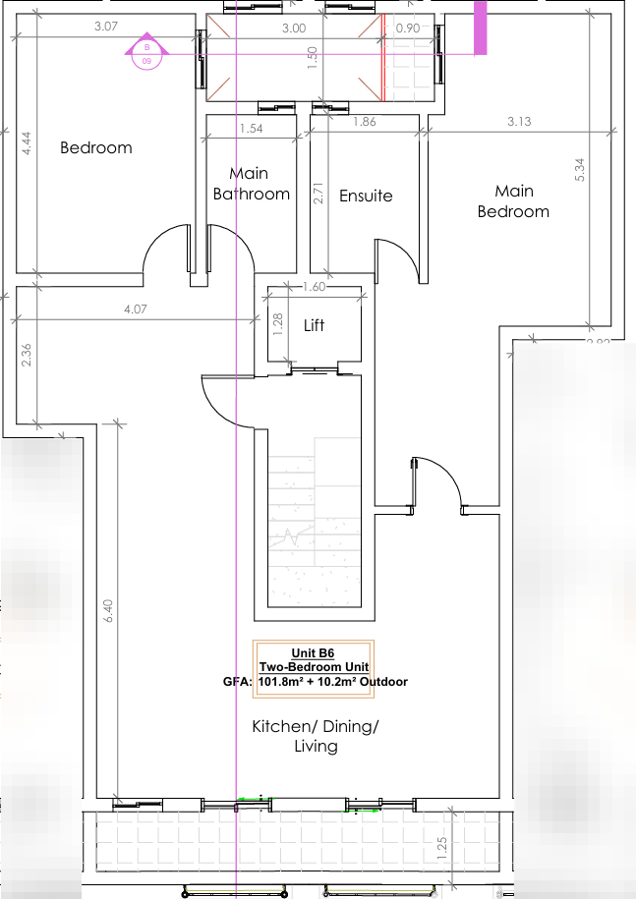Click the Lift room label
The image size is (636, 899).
point(314,325)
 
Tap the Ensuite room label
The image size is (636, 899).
point(366,196)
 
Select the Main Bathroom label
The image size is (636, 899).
point(252,184)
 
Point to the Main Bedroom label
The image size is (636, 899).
point(513,201)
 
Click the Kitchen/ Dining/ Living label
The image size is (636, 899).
point(316,736)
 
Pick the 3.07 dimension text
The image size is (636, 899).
point(106,26)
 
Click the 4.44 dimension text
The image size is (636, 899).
point(27,143)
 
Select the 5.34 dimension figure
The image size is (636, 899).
point(580,170)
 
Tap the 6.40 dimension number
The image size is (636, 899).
point(108,610)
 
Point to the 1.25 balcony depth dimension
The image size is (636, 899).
point(441,848)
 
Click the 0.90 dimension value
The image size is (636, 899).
point(408,28)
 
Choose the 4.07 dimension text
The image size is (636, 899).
point(136,309)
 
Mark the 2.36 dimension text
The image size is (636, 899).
point(27,355)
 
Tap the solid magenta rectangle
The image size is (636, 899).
point(480,28)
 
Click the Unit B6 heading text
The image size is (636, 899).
point(313,653)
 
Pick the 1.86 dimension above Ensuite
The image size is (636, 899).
point(365,121)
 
